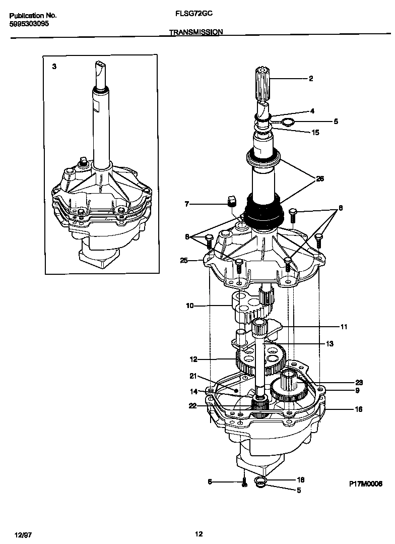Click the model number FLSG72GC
click(197, 16)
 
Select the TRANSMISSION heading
click(196, 32)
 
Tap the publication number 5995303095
click(29, 24)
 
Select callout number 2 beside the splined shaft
click(311, 78)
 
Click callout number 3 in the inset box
click(54, 67)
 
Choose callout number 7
click(187, 204)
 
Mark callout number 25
click(184, 260)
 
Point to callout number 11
click(344, 327)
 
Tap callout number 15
click(316, 132)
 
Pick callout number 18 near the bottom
click(301, 480)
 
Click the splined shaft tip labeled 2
click(264, 80)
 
